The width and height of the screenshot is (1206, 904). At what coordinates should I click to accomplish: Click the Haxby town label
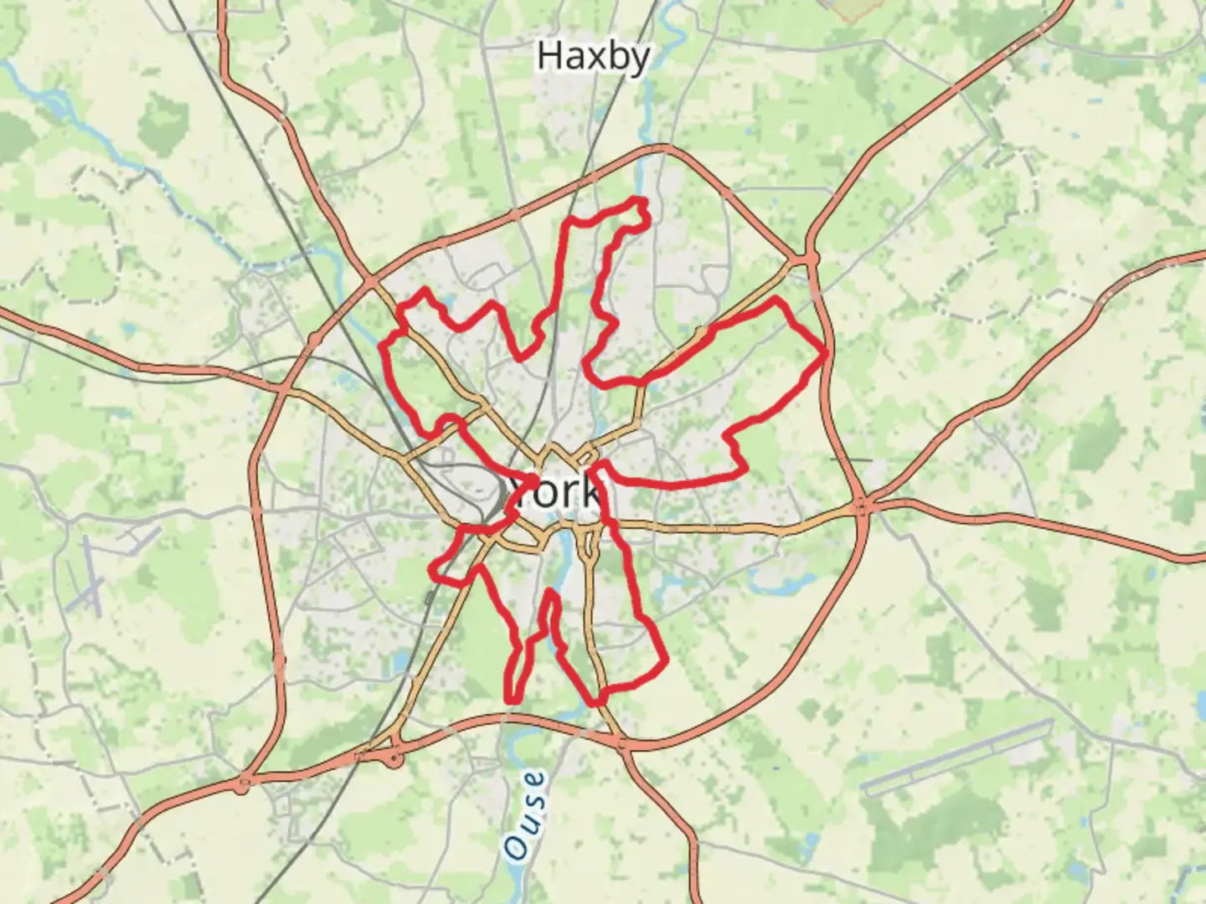point(593,57)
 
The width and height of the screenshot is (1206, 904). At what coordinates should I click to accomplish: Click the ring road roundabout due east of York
point(863,506)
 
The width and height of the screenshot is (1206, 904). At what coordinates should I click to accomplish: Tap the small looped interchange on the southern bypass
point(394,758)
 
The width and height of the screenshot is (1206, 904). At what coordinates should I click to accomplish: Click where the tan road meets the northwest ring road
point(373,281)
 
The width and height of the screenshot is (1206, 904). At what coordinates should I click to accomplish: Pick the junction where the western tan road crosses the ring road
point(285,389)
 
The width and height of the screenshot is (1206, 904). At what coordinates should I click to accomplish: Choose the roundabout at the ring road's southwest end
point(243,785)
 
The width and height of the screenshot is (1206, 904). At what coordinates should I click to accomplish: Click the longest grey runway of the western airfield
point(88,573)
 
